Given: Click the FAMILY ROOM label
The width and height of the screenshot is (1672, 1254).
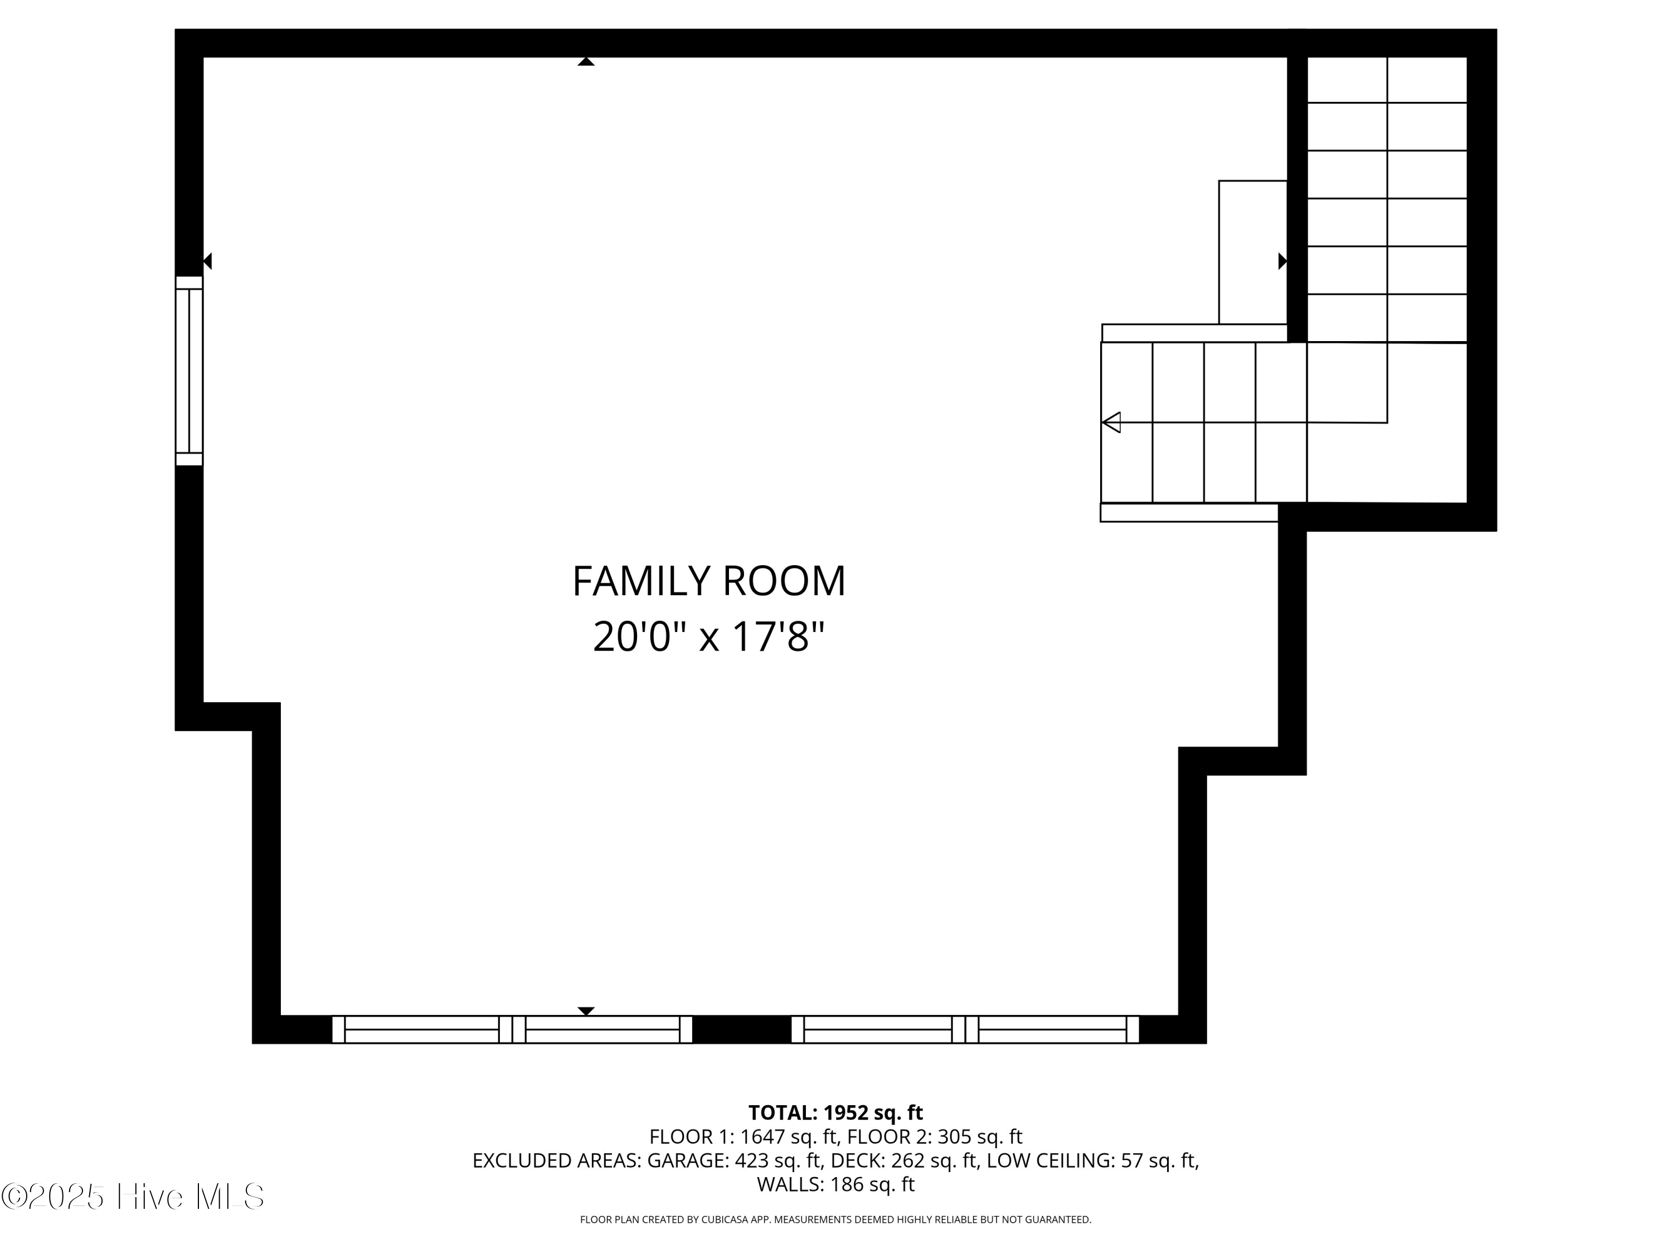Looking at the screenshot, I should tap(708, 581).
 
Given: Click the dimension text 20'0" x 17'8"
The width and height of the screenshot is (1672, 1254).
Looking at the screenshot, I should tap(708, 636).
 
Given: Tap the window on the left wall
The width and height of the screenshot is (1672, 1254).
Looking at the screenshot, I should tap(189, 371).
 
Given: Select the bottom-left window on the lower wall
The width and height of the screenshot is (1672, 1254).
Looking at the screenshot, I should tap(512, 1029).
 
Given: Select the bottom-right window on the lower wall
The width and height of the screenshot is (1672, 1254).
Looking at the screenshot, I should tap(965, 1029).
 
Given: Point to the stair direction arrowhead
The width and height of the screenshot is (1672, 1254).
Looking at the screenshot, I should tap(1111, 422).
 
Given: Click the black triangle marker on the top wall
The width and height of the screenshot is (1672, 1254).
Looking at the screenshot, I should tap(586, 62).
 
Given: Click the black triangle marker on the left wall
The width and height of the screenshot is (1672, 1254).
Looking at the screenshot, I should tap(207, 261).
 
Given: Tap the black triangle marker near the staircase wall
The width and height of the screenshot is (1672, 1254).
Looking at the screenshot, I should tap(1282, 261).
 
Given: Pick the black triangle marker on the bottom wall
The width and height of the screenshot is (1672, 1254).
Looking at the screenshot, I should tap(586, 1010).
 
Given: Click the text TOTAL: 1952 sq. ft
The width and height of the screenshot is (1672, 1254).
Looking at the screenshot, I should tap(835, 1112).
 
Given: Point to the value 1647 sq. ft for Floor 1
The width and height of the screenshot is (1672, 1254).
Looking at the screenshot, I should tap(789, 1137).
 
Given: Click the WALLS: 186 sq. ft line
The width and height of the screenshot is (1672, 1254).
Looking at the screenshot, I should tap(835, 1184).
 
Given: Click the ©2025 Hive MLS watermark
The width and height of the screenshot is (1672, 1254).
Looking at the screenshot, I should tap(132, 1197).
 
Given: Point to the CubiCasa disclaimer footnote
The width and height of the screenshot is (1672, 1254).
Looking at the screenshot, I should tap(835, 1219).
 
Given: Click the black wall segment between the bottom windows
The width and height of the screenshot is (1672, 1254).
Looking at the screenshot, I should tap(741, 1029).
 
